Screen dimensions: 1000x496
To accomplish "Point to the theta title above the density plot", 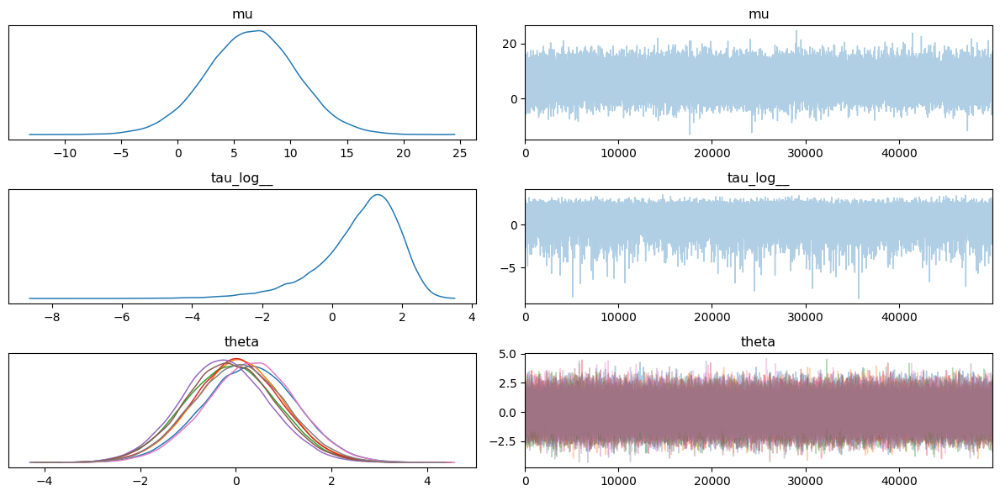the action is [x=242, y=342].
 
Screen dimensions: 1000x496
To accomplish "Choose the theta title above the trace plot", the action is [x=759, y=342].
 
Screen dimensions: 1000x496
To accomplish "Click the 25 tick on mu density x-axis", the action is [x=459, y=152].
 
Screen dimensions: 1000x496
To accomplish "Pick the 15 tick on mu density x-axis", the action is [x=347, y=152].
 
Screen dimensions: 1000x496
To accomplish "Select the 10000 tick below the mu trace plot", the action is [x=619, y=152].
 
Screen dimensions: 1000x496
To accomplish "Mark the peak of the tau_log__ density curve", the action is [x=378, y=194].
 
